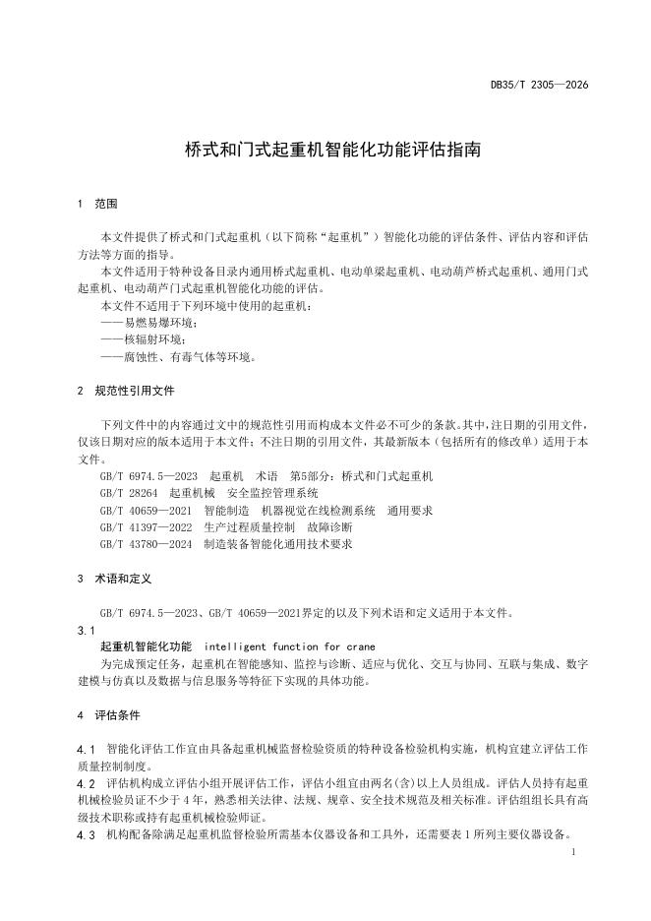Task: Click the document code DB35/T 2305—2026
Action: (x=539, y=86)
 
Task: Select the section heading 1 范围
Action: (x=97, y=205)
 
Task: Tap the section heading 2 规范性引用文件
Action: (x=126, y=391)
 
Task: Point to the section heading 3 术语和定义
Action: (x=113, y=579)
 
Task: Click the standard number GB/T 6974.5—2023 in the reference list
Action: (x=145, y=476)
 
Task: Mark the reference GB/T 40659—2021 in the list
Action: (x=145, y=510)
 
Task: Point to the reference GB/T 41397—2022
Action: (x=145, y=526)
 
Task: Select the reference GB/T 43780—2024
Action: (x=145, y=543)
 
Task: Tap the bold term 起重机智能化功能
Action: (x=146, y=646)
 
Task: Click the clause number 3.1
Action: (x=86, y=630)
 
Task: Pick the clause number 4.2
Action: (x=86, y=783)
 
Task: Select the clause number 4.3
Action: (x=86, y=835)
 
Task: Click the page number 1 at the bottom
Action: (x=572, y=855)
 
